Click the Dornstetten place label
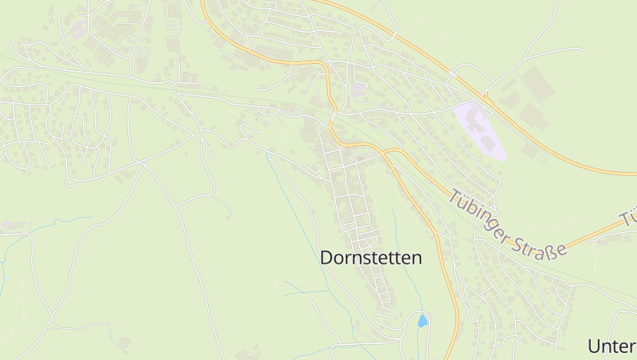pos(370,257)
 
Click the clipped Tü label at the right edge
pos(629,217)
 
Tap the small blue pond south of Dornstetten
pos(422,321)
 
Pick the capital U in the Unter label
pos(594,346)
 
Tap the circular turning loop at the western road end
pos(69,182)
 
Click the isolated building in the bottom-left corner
pos(123,343)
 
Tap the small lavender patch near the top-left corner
pos(78,30)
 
